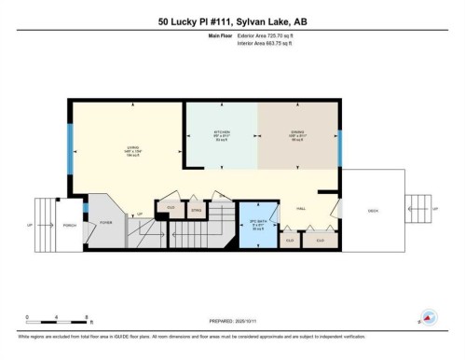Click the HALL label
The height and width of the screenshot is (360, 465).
[301, 209]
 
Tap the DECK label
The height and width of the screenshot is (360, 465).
[373, 209]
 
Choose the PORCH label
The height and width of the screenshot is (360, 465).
[68, 224]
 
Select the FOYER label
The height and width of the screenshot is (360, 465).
[106, 221]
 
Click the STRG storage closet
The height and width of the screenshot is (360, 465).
[197, 211]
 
